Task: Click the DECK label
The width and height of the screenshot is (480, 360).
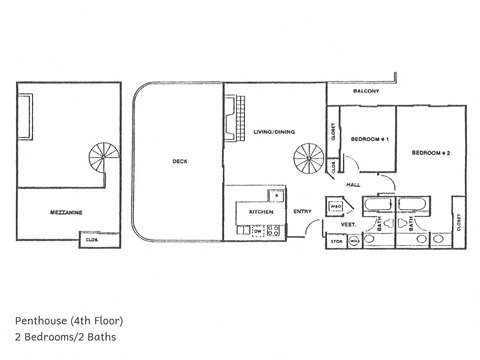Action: pyautogui.click(x=180, y=162)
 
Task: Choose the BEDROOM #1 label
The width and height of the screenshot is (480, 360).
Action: pyautogui.click(x=367, y=138)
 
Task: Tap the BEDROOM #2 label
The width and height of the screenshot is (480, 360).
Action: pyautogui.click(x=432, y=152)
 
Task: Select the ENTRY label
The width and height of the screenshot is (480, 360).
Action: pyautogui.click(x=302, y=211)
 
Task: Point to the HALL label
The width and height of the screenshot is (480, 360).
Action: pyautogui.click(x=353, y=184)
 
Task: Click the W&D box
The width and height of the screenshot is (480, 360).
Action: pyautogui.click(x=337, y=207)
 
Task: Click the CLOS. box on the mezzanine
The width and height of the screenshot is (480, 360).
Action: pyautogui.click(x=91, y=239)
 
